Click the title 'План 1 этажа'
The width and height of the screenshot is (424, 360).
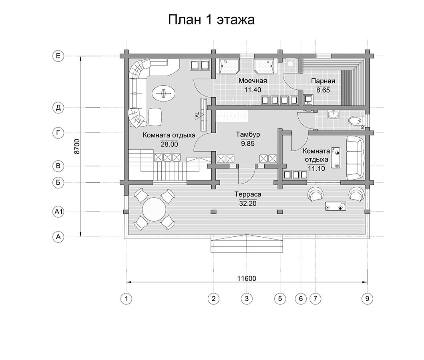211,20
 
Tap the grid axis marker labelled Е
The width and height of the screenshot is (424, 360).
58,56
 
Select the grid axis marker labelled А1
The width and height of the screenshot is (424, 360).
58,212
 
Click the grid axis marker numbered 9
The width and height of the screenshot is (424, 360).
367,298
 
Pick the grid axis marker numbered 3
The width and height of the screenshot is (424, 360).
247,298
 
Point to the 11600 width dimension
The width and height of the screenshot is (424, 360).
247,278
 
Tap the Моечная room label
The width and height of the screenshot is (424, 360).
253,81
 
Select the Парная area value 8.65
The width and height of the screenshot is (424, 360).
323,90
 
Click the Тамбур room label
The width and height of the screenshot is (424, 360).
248,134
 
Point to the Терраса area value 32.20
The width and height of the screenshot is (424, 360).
248,203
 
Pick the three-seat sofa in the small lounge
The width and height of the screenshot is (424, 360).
355,158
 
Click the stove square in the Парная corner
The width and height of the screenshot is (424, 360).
308,99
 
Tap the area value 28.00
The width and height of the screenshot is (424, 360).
169,144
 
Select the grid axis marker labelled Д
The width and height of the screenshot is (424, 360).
58,108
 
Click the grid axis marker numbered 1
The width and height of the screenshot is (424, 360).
126,298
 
